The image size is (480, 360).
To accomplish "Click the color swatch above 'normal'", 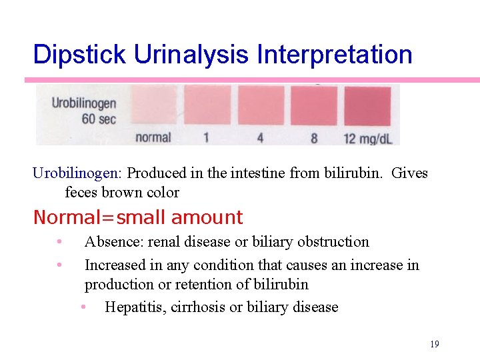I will (x=153, y=106).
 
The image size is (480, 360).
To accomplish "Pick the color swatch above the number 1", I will (x=207, y=105).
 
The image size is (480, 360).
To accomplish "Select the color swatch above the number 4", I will (x=261, y=105).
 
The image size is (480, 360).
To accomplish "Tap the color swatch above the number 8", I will (x=314, y=105).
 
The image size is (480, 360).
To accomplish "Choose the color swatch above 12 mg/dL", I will (x=367, y=105).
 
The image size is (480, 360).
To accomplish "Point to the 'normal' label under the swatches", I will (x=153, y=137).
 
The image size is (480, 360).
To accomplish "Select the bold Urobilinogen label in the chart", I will (x=84, y=103).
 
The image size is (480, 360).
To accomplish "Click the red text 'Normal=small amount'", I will (x=138, y=217).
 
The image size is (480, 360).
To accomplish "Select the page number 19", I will (x=435, y=344).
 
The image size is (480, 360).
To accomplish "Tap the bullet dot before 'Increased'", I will (x=59, y=265).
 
